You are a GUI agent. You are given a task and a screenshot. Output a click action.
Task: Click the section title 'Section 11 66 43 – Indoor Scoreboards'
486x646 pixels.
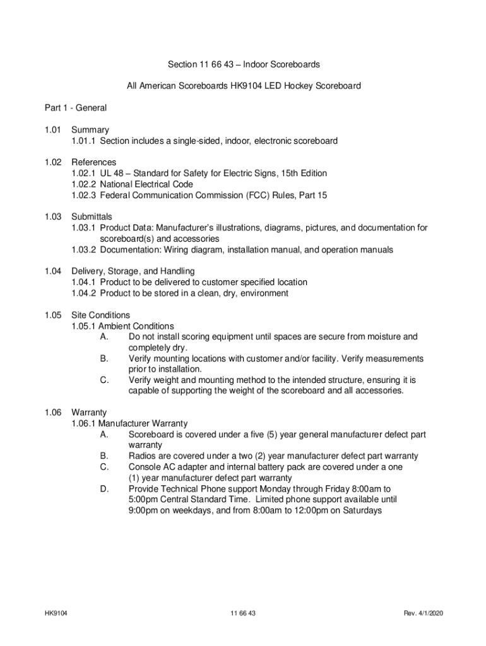click(x=243, y=64)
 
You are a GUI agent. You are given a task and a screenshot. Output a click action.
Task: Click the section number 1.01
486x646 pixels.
click(x=52, y=130)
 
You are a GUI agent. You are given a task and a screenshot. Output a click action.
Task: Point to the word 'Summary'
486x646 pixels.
click(x=90, y=130)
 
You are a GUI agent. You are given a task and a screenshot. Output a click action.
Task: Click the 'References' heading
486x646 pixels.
click(x=94, y=162)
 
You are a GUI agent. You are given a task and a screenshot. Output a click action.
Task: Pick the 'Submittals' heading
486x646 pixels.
click(x=92, y=216)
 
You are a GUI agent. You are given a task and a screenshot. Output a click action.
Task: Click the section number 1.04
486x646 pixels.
click(x=52, y=271)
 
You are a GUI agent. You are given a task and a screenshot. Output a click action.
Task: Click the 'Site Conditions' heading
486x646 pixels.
click(x=101, y=315)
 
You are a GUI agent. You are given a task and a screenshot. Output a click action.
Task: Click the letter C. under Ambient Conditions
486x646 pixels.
click(x=104, y=380)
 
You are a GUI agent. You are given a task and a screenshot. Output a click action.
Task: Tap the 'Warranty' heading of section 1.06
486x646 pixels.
click(x=89, y=413)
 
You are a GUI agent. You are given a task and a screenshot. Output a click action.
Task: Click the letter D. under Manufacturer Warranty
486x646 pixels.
click(x=104, y=489)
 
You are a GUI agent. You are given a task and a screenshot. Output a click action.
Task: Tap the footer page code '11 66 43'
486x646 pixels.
click(x=243, y=613)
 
